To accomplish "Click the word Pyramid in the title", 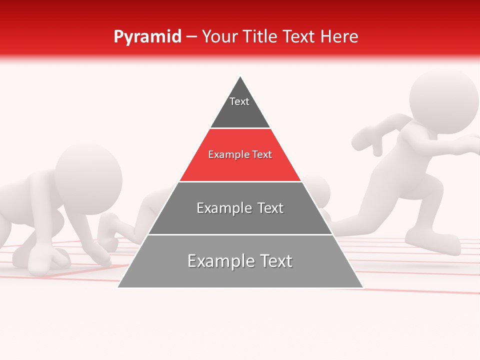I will coord(147,36).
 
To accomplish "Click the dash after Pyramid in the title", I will coord(191,37).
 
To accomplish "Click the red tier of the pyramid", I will coord(240,167).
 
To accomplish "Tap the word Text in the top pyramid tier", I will coord(239,101).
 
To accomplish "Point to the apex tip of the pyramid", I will coord(240,76).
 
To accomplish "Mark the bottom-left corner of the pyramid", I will coord(118,287).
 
